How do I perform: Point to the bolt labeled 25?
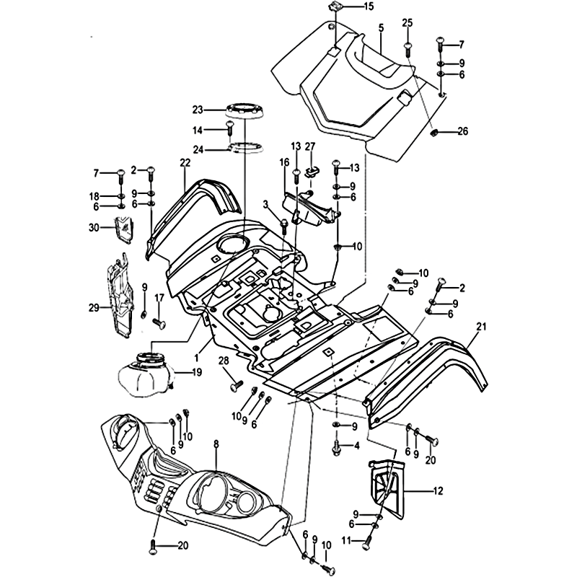pyautogui.click(x=408, y=47)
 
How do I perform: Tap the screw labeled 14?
pyautogui.click(x=230, y=131)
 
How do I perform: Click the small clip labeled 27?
pyautogui.click(x=312, y=170)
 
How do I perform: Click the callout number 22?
pyautogui.click(x=185, y=162)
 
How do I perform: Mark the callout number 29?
pyautogui.click(x=94, y=308)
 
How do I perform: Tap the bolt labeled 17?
pyautogui.click(x=158, y=320)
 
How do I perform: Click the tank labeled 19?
pyautogui.click(x=146, y=371)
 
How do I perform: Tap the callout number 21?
pyautogui.click(x=479, y=325)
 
